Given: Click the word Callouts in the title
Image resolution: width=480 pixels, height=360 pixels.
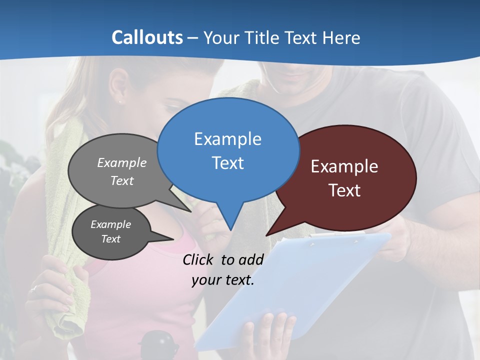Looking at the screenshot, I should tap(147, 37).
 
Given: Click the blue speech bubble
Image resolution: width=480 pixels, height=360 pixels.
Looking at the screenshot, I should tap(228, 150).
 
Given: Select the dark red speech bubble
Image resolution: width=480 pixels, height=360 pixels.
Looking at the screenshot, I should tap(345, 177).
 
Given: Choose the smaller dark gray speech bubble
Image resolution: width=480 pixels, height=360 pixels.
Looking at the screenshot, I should tap(111, 232).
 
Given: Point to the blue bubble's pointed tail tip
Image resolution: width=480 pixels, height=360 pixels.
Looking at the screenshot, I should tap(230, 229).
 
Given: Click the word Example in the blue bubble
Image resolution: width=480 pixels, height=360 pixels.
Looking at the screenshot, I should tap(228, 139).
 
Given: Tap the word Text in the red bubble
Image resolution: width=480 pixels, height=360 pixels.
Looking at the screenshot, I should tap(345, 190).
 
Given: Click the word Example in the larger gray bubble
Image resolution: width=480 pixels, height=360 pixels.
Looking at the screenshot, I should tap(122, 163).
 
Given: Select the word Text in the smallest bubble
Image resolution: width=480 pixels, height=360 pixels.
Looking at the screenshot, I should tap(111, 239).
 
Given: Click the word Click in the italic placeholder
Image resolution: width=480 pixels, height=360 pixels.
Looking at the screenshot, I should tap(199, 259).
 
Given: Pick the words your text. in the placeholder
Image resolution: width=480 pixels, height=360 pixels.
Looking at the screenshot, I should tap(223, 280).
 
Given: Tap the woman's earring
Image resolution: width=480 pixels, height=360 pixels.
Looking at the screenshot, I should tap(120, 101).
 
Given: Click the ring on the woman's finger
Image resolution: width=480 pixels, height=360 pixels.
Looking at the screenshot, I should tap(34, 288).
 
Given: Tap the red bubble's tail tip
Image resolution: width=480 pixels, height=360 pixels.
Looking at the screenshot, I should tap(266, 235).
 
